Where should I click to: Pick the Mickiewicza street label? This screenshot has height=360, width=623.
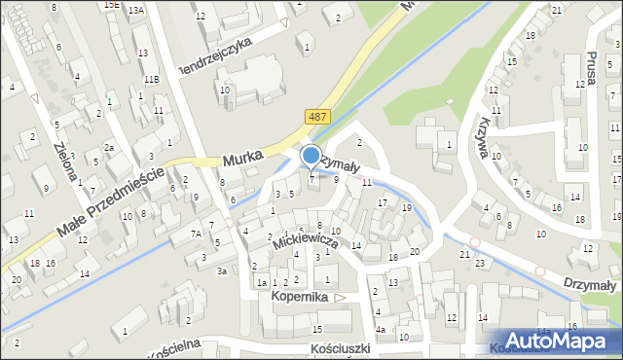click(307, 244)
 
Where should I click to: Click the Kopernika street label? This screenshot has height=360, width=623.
click(301, 295)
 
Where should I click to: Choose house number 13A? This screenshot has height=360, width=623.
click(135, 10)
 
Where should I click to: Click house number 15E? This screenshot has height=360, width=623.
click(113, 5)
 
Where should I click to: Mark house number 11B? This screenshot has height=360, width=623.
click(151, 79)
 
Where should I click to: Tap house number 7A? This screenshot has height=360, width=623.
click(196, 234)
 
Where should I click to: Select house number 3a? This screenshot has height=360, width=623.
click(222, 270)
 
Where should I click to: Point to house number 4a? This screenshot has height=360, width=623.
click(382, 329)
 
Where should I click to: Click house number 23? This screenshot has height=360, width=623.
click(479, 263)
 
